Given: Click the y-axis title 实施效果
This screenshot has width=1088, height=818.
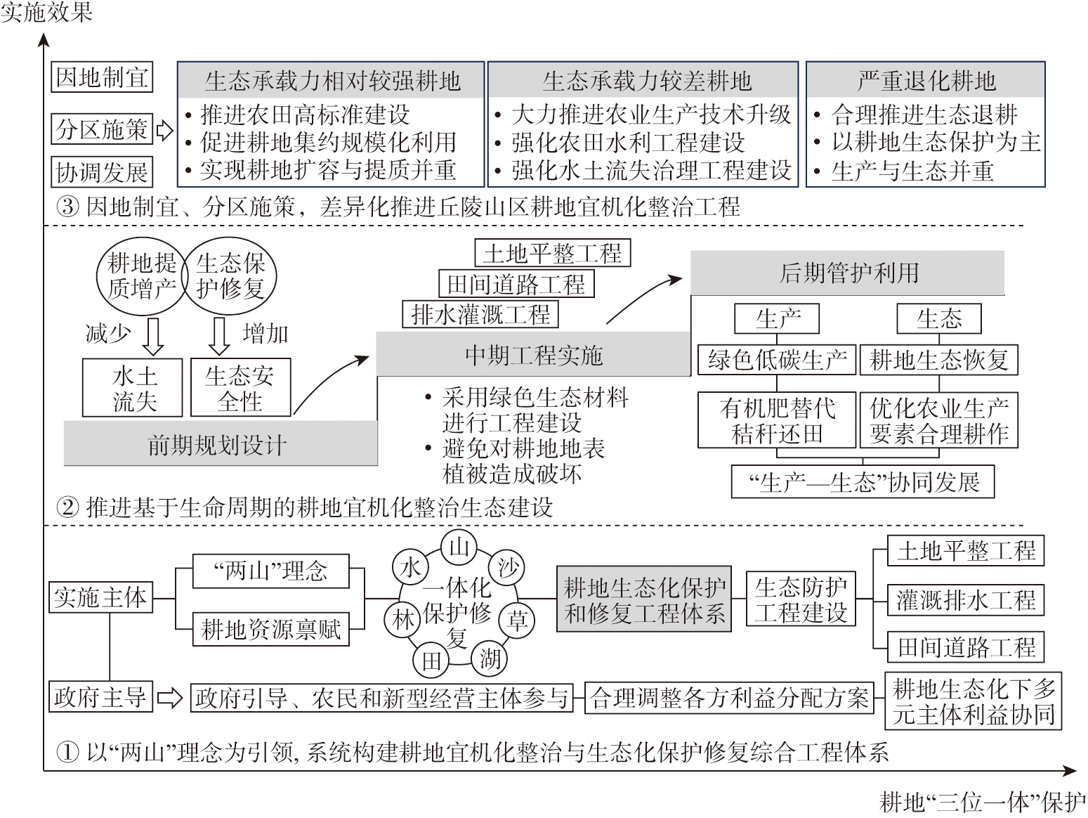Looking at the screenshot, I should click(x=46, y=12).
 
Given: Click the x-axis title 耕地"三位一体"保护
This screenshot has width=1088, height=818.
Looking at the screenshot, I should click(x=982, y=802).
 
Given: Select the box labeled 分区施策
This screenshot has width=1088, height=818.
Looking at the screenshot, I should click(x=102, y=129).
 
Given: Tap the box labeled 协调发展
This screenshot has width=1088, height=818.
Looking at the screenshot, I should click(x=102, y=171).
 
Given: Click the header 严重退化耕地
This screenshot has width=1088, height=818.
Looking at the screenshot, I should click(x=925, y=81).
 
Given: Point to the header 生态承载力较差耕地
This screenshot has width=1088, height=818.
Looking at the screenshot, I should click(x=643, y=81).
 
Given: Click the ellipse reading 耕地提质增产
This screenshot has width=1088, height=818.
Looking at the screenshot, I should click(x=141, y=275).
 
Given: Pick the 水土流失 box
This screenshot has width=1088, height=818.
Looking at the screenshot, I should click(x=133, y=389).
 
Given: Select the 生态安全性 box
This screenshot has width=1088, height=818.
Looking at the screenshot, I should click(x=240, y=389).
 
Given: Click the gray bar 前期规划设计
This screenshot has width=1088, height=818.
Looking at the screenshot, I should click(x=220, y=444).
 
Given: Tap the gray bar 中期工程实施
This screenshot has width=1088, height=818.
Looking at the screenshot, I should click(x=533, y=355).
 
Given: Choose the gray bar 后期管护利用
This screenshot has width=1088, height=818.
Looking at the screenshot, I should click(x=847, y=273).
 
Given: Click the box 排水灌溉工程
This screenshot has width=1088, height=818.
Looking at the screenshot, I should click(x=480, y=314).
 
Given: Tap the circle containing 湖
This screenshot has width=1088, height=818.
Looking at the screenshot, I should click(x=490, y=658).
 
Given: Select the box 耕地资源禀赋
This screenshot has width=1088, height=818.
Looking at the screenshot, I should click(x=270, y=629).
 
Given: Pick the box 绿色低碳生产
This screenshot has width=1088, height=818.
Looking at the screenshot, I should click(x=777, y=360).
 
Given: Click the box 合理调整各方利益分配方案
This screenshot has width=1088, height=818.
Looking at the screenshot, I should click(x=729, y=698).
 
